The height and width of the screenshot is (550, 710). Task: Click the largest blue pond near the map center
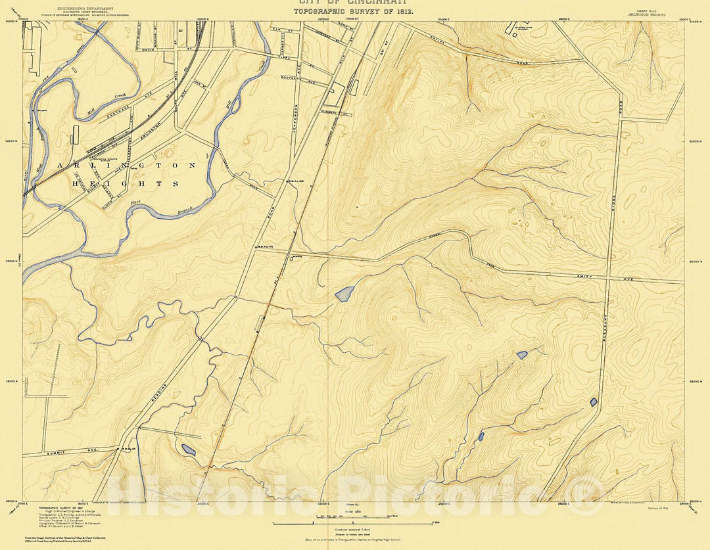[344, 294]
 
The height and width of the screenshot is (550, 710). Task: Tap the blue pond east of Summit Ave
[188, 449]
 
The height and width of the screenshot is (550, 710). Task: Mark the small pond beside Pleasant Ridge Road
[594, 401]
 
